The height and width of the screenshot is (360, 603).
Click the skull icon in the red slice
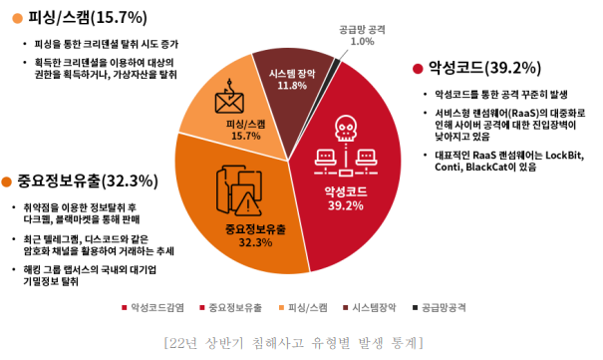344,129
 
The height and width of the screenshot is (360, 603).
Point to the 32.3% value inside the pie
255,242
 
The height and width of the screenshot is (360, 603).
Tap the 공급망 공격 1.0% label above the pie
362,35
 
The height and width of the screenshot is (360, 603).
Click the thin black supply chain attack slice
337,66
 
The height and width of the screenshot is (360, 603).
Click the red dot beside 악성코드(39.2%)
417,68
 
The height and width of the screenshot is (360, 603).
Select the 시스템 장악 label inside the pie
292,72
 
